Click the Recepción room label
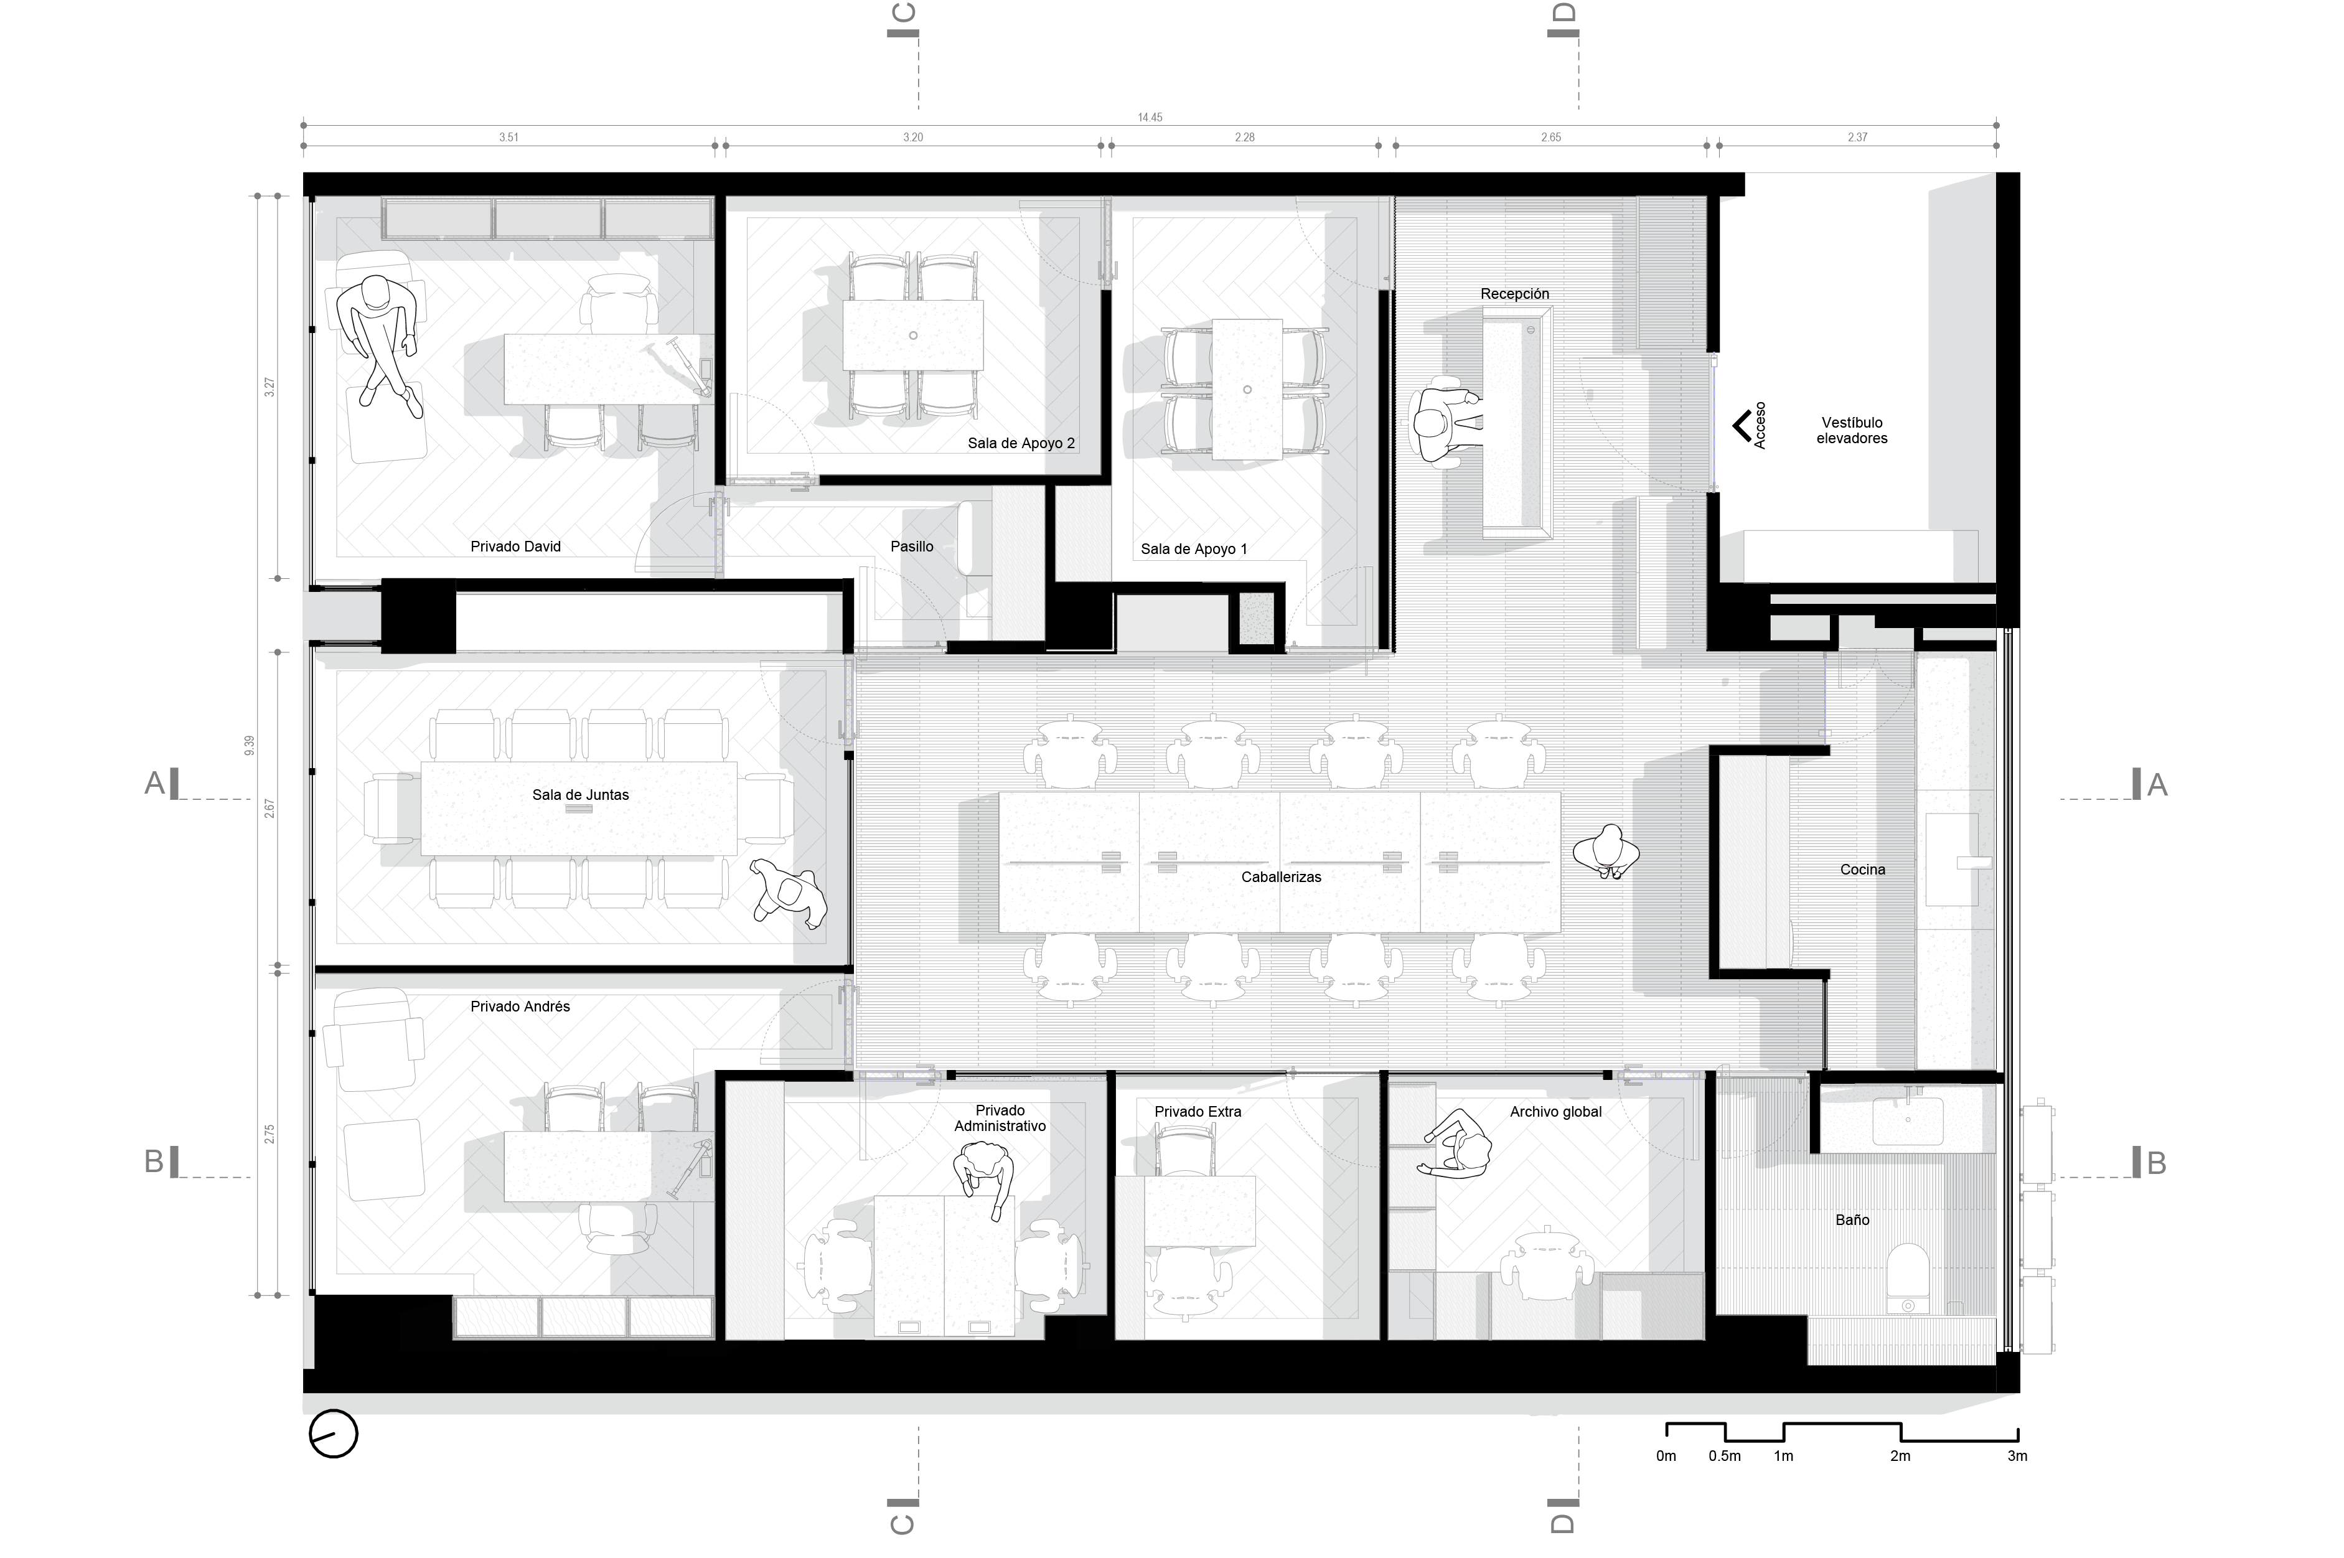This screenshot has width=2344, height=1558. tap(1514, 294)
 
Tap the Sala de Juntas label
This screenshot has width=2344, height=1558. tap(580, 795)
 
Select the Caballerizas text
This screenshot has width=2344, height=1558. tap(1281, 878)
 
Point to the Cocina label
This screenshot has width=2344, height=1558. tap(1862, 870)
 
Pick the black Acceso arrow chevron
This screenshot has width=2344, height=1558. tap(1742, 426)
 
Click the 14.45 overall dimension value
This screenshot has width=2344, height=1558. tap(1150, 117)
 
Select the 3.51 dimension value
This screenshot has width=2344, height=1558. tap(509, 137)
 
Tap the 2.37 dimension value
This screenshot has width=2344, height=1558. tap(1857, 137)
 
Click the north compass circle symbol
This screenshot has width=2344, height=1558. tap(333, 1434)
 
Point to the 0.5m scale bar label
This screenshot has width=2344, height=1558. tap(1725, 1457)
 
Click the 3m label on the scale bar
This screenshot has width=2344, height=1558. tap(2017, 1457)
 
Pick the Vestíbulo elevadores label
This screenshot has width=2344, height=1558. tap(1852, 430)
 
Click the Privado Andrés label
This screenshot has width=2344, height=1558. tap(520, 1007)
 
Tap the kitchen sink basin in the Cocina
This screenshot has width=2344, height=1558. tap(1951, 860)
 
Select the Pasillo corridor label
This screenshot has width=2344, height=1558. tap(911, 547)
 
